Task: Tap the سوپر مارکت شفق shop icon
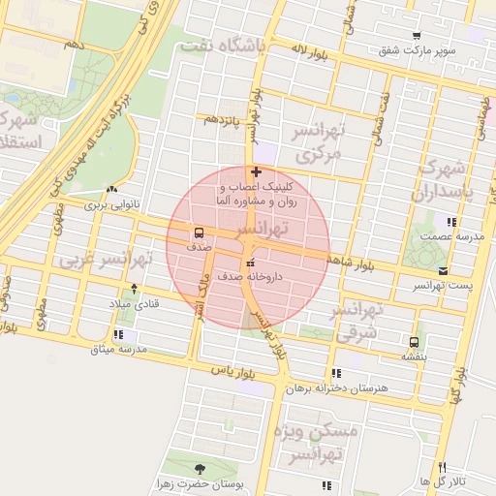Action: [x=416, y=36]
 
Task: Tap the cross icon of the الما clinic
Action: [x=255, y=171]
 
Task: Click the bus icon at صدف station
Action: [x=199, y=232]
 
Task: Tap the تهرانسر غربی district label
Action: [x=108, y=261]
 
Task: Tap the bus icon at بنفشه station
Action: [x=415, y=342]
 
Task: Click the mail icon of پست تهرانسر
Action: [x=443, y=271]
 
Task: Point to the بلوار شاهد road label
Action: [x=358, y=254]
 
